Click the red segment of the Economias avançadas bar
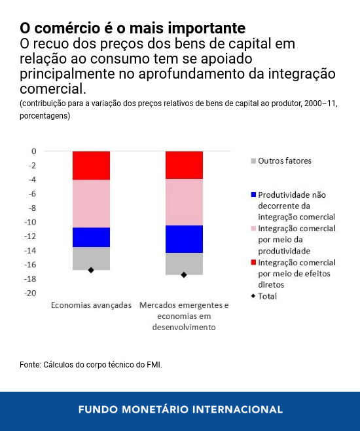tap(91, 165)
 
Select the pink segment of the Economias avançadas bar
tap(91, 203)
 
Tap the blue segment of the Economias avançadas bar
tap(91, 236)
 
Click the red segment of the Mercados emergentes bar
tap(184, 164)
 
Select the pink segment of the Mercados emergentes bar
tap(184, 202)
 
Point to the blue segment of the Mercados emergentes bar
tap(184, 238)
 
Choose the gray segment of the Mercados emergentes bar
tap(184, 262)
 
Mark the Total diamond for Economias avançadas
tap(91, 270)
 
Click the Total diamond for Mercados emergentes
tap(184, 274)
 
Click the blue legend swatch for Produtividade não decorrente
tap(253, 195)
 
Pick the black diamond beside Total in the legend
tap(253, 296)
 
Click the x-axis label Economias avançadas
tap(92, 305)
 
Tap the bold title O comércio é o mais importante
tap(133, 29)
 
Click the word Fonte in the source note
tap(30, 364)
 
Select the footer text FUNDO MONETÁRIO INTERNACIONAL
tap(180, 409)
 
